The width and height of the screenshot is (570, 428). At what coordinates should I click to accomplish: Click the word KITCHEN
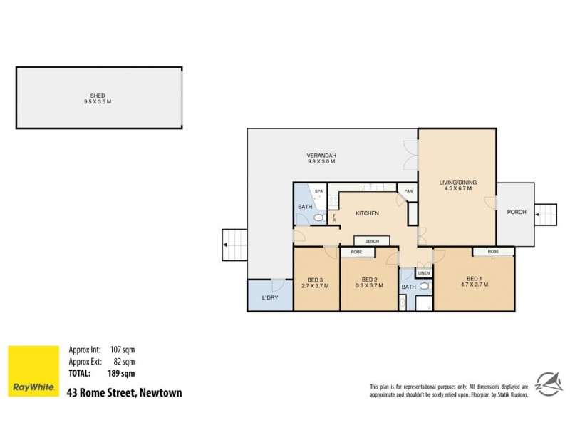point(368,213)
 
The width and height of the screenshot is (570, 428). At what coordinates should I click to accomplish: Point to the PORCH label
point(516,213)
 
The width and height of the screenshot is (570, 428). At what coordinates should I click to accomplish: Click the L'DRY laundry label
point(269,297)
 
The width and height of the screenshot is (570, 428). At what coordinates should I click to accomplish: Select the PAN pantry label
point(408,191)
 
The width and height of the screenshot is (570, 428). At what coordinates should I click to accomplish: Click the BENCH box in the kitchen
point(372,241)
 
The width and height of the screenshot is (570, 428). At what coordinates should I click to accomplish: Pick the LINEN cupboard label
point(424,273)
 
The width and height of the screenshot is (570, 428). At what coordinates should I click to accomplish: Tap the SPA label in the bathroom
point(319,191)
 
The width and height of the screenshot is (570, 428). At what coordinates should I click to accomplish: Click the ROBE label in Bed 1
point(493,252)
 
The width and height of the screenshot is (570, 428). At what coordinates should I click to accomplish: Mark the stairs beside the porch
point(544,214)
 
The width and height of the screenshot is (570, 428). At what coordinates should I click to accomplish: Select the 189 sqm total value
point(122,373)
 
